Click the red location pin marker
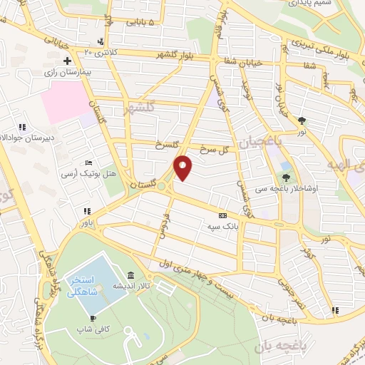point(184,168)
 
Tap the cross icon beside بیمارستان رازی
point(66,61)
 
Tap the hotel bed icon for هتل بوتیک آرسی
point(87,163)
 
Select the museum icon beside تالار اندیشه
point(129,276)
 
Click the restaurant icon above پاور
point(87,212)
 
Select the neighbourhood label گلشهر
point(139,110)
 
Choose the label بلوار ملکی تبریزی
point(324,51)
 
